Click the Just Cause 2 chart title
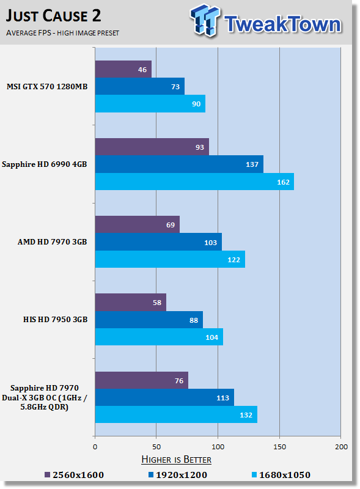pyautogui.click(x=53, y=16)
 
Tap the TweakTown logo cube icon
pyautogui.click(x=205, y=20)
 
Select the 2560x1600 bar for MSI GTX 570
pyautogui.click(x=123, y=69)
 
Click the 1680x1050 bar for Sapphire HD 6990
pyautogui.click(x=194, y=182)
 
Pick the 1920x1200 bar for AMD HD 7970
pyautogui.click(x=158, y=241)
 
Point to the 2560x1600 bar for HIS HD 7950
pyautogui.click(x=131, y=302)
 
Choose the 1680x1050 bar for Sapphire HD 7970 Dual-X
pyautogui.click(x=176, y=414)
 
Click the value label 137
pyautogui.click(x=252, y=164)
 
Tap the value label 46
pyautogui.click(x=142, y=70)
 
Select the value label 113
pyautogui.click(x=222, y=398)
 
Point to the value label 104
pyautogui.click(x=212, y=337)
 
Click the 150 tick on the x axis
pyautogui.click(x=279, y=447)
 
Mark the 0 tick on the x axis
pyautogui.click(x=95, y=447)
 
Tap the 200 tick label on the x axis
pyautogui.click(x=341, y=447)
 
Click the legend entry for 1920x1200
pyautogui.click(x=177, y=475)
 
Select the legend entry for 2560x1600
pyautogui.click(x=74, y=475)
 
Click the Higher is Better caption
pyautogui.click(x=176, y=460)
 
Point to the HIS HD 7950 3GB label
pyautogui.click(x=55, y=320)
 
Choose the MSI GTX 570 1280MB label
pyautogui.click(x=47, y=87)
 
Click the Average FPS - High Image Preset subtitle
pyautogui.click(x=62, y=33)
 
